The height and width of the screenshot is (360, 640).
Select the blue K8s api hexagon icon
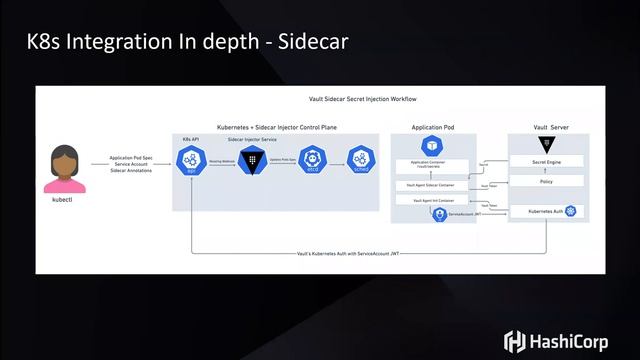click(190, 160)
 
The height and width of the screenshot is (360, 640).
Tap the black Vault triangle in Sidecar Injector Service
click(250, 160)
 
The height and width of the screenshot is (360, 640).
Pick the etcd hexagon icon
click(313, 160)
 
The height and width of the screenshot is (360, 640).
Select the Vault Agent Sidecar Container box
click(435, 185)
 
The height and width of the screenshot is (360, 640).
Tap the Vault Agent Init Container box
click(433, 200)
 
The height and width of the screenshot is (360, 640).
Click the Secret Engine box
click(546, 161)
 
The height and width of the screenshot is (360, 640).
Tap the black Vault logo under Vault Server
click(546, 143)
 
